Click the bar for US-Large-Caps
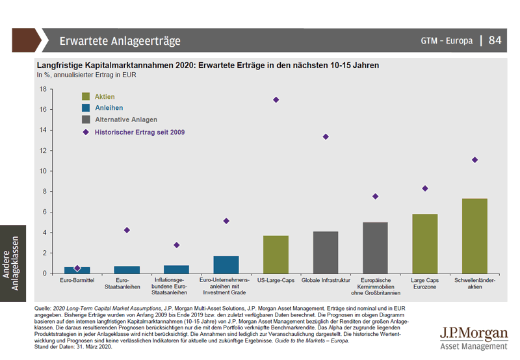tap(276, 255)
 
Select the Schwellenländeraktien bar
tap(474, 236)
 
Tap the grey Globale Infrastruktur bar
tap(325, 252)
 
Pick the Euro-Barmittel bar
tap(77, 270)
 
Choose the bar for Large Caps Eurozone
tap(424, 244)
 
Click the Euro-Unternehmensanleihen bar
tap(226, 264)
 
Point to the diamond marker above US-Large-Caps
tap(276, 99)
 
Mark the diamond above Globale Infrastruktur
tap(326, 136)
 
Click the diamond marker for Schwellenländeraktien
tap(474, 160)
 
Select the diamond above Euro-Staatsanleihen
tap(127, 230)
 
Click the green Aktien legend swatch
tap(86, 96)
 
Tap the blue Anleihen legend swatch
tap(86, 108)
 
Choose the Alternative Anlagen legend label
tap(126, 120)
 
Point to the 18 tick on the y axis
tap(43, 89)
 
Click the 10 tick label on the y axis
tap(43, 171)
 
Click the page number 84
tap(495, 40)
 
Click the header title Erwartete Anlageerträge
tap(120, 41)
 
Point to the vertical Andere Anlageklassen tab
tap(12, 267)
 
